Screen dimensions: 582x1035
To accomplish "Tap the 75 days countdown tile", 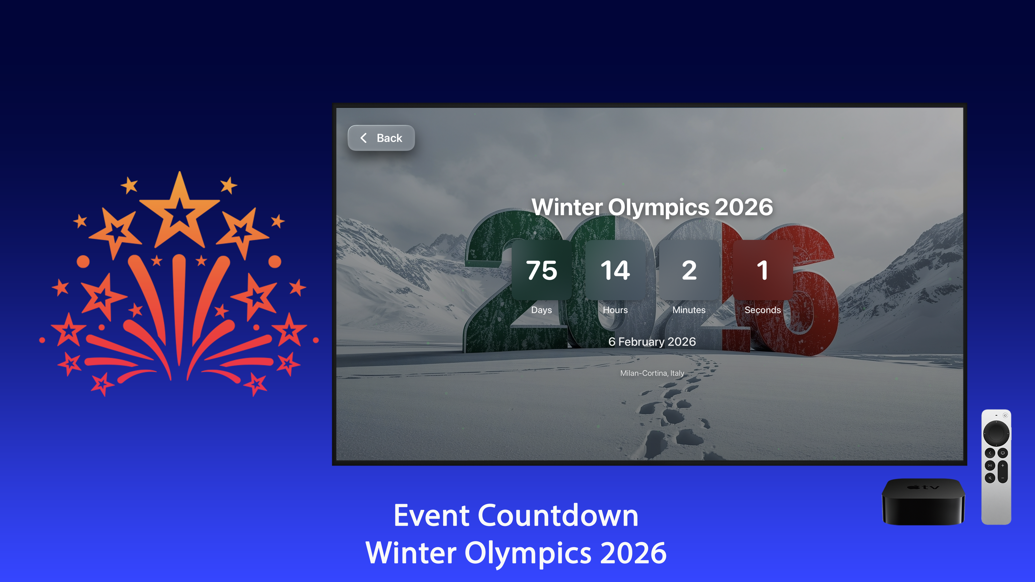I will [x=541, y=270].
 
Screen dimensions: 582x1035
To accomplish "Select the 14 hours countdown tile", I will [x=615, y=270].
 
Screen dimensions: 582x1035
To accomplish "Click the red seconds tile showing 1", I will [x=762, y=270].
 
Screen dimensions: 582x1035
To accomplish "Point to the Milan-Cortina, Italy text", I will [x=652, y=373].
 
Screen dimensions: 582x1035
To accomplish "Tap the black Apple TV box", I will [x=923, y=502].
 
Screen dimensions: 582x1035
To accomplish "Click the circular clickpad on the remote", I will [x=996, y=433].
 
